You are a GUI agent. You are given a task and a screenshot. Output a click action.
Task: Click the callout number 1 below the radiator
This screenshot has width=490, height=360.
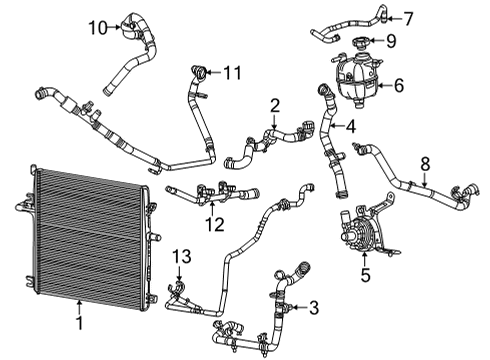(80, 323)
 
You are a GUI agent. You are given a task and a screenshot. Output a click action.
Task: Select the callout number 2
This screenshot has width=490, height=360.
(275, 103)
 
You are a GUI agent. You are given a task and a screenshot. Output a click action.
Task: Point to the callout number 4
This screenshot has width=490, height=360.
(349, 127)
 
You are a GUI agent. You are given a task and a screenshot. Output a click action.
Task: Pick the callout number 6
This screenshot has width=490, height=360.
(398, 86)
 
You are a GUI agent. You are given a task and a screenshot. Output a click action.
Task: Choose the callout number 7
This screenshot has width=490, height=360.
(407, 18)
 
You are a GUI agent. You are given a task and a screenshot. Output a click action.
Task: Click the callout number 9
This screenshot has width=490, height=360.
(391, 41)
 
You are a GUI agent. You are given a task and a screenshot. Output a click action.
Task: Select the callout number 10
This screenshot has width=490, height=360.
(96, 26)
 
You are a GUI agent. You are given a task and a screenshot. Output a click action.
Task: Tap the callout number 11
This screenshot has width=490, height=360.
(233, 72)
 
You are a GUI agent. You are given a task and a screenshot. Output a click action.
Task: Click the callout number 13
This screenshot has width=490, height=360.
(179, 259)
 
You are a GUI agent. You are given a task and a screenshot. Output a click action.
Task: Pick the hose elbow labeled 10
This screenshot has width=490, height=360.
(130, 24)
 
